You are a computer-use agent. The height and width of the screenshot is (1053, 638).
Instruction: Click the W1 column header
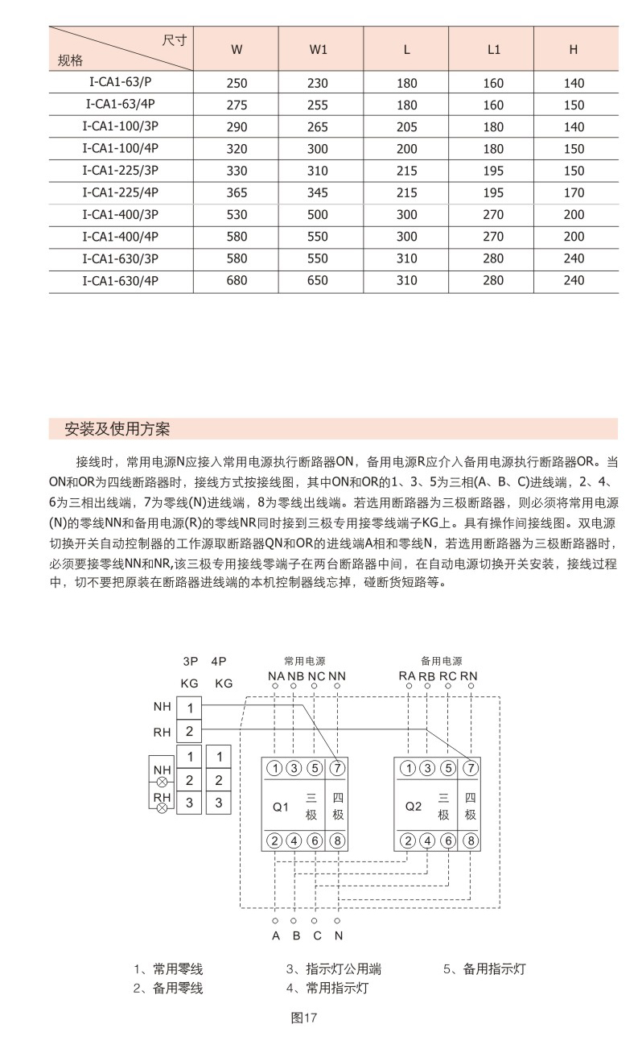[x=319, y=49]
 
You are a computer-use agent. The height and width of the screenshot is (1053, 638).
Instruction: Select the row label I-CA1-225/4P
[x=121, y=192]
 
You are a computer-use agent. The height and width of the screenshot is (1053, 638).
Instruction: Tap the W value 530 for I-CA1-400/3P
[x=237, y=215]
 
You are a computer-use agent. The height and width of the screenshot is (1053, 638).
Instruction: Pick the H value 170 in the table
[x=574, y=193]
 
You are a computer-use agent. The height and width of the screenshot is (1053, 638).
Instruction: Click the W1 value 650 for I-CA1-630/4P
[x=319, y=280]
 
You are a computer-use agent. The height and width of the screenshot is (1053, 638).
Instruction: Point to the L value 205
[x=407, y=127]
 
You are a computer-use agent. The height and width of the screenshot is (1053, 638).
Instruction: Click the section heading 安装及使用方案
[x=117, y=428]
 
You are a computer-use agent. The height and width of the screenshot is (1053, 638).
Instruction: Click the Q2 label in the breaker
[x=414, y=806]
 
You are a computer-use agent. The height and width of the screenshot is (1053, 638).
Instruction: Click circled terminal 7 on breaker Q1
[x=337, y=767]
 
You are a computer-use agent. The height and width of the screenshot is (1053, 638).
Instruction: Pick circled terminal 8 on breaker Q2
[x=470, y=841]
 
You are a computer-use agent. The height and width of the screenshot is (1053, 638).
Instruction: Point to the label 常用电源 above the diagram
[x=304, y=660]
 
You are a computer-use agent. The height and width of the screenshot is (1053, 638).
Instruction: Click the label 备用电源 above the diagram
[x=441, y=660]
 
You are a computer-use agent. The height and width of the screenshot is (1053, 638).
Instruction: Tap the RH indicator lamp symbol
[x=162, y=806]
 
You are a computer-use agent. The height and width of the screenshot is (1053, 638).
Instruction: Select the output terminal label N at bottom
[x=338, y=935]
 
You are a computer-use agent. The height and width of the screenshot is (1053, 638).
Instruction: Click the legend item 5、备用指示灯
[x=484, y=969]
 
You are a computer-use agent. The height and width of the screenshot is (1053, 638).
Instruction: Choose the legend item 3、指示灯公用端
[x=334, y=969]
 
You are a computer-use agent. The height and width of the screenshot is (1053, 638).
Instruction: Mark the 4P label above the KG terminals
[x=218, y=661]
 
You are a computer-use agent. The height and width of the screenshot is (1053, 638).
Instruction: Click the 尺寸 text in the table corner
[x=175, y=40]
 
